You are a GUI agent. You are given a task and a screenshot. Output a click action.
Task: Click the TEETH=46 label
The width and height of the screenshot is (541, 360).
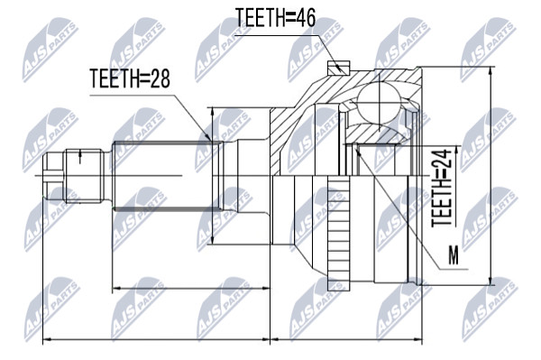275,18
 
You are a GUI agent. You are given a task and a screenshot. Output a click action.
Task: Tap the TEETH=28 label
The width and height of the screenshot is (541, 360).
130,78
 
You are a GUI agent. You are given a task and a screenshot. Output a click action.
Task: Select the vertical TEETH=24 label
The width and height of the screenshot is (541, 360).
442,188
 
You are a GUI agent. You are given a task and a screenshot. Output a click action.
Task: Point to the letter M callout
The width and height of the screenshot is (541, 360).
454,255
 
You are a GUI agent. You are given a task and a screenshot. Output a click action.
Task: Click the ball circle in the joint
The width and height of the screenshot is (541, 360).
379,101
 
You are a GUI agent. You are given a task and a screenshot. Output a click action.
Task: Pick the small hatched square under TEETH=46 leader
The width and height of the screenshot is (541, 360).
338,68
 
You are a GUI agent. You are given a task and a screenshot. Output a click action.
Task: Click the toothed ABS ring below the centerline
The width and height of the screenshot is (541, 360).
338,232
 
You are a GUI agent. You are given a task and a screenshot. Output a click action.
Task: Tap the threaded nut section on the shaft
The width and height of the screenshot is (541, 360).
85,176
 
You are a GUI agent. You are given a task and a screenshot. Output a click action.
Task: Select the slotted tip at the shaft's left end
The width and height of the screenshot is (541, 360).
53,176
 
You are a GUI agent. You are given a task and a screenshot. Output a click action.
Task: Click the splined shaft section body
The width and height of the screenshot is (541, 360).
166,176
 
